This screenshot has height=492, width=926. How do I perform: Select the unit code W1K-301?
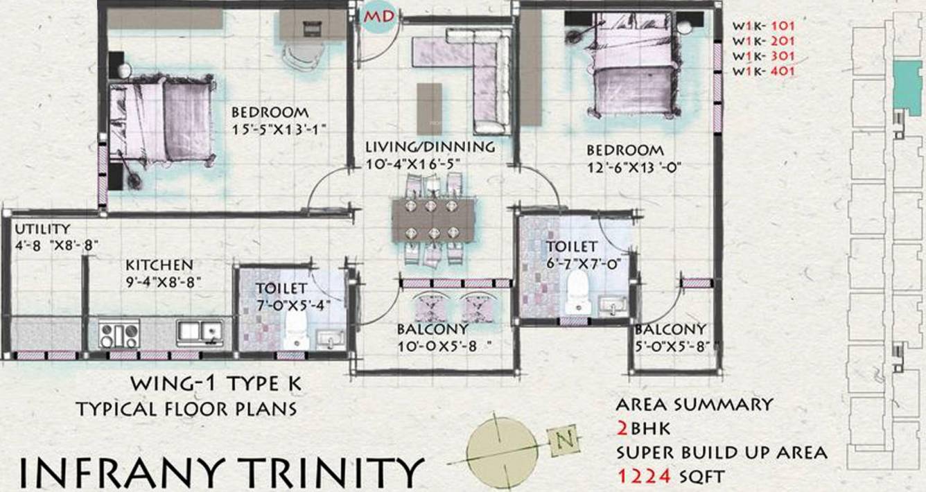pos(763,55)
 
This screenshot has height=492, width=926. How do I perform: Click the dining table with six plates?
pos(434,220)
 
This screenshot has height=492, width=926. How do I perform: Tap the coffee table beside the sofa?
pos(430,105)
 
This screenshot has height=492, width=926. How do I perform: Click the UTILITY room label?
pos(42,229)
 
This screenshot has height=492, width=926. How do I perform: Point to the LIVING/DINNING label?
pos(430,147)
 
